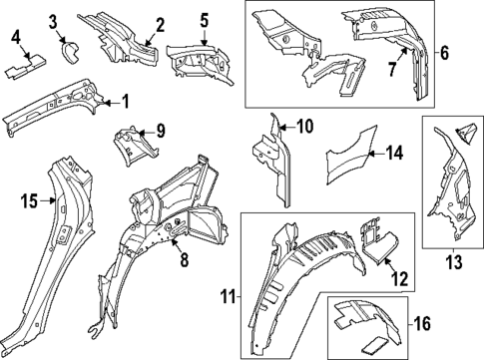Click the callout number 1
coord(125,101)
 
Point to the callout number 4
coord(16,38)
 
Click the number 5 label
coord(204,20)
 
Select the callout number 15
coord(28,201)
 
